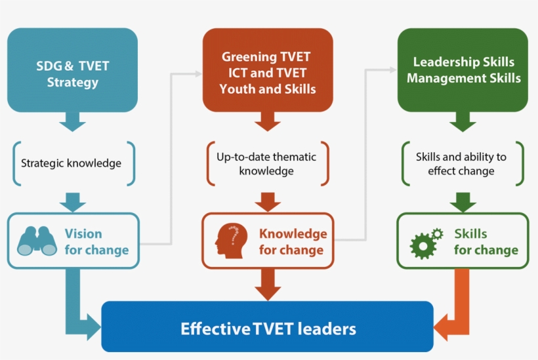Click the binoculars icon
(37, 241)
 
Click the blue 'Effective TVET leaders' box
(268, 327)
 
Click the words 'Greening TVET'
(266, 57)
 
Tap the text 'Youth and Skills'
(267, 89)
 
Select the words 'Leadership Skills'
(463, 62)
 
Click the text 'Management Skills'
(463, 78)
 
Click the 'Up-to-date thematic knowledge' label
(266, 164)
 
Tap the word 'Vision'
(83, 233)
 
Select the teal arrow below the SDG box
(72, 121)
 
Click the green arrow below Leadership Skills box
(463, 121)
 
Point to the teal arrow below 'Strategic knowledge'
(72, 201)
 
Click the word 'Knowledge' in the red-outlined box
(293, 233)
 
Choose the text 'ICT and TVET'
(266, 73)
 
